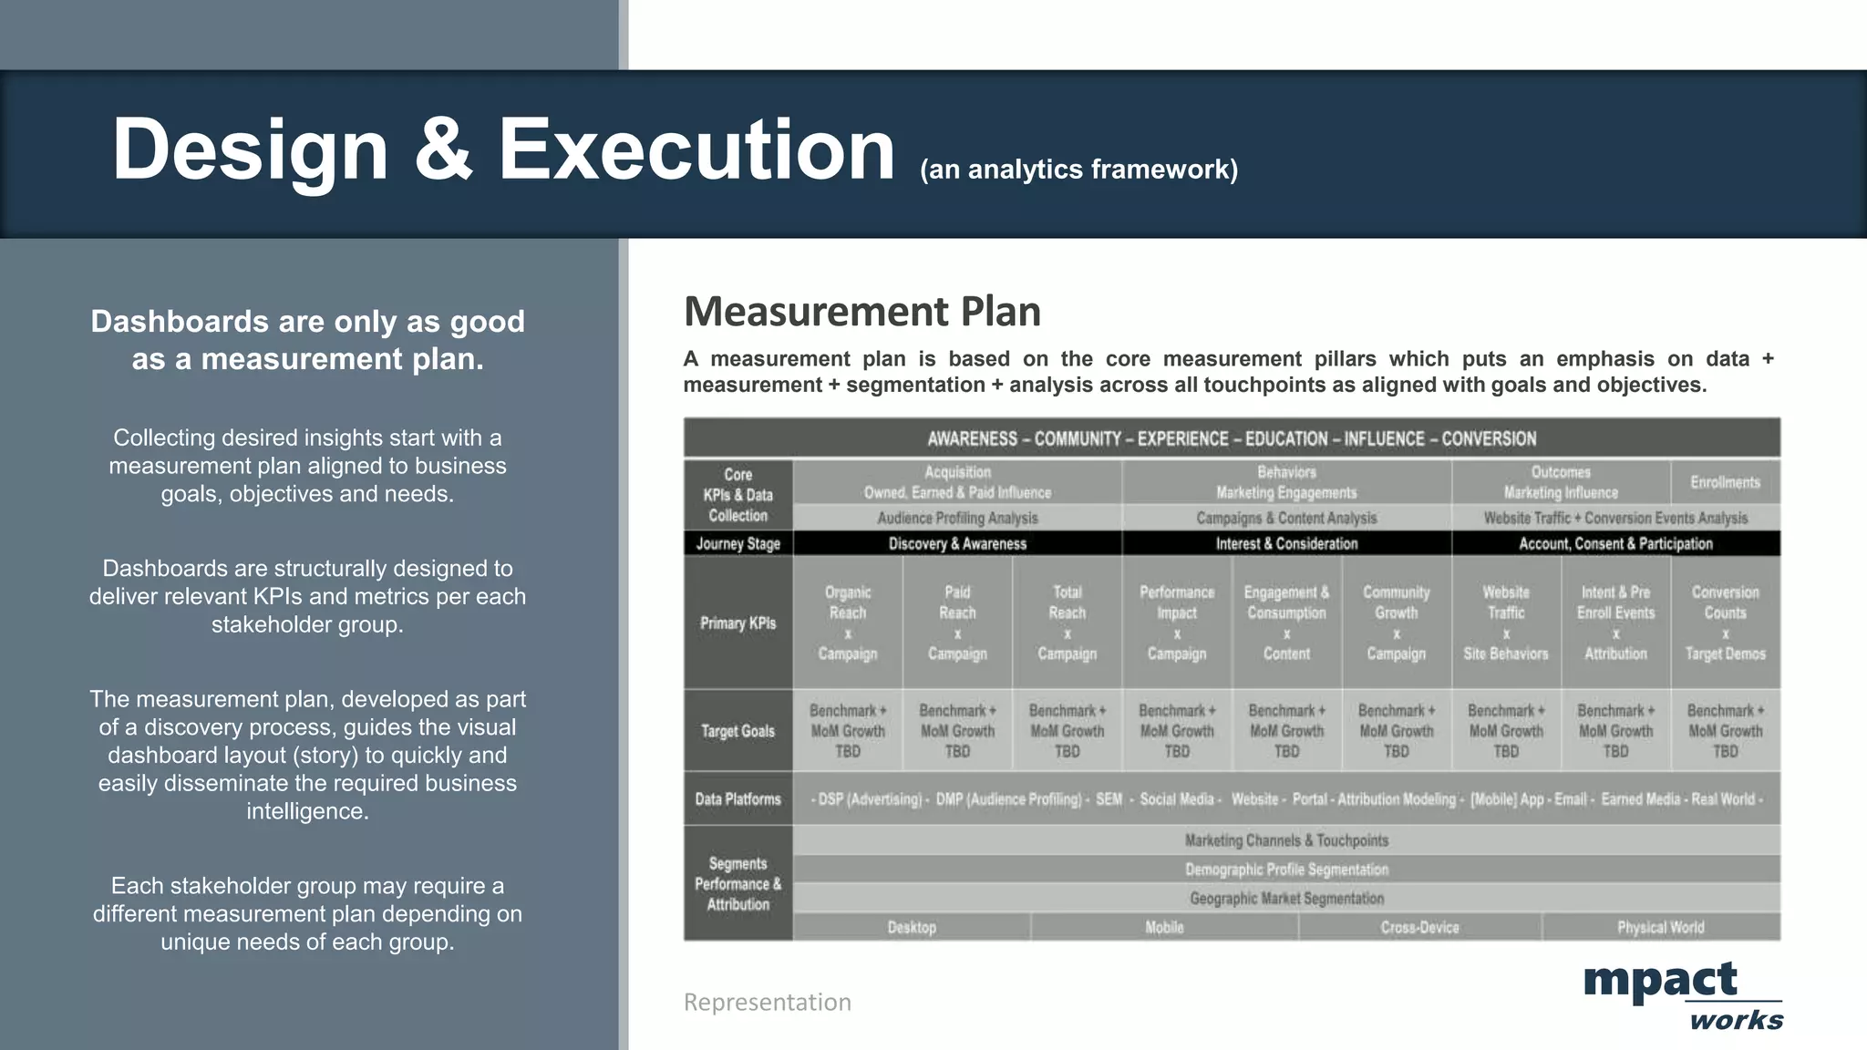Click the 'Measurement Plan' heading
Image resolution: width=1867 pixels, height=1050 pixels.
tap(861, 312)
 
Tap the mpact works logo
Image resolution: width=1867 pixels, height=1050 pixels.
tap(1682, 994)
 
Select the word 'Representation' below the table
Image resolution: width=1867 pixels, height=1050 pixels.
tap(767, 1002)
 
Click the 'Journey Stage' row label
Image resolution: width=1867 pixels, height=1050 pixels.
tap(738, 544)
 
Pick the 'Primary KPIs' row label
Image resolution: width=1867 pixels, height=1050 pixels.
tap(738, 623)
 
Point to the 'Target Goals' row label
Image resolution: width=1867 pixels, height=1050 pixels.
tap(738, 731)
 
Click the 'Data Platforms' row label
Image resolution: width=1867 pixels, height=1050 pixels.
tap(738, 799)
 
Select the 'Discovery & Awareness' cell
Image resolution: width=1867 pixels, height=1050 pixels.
tap(957, 544)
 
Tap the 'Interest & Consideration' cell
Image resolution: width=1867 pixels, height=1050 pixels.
tap(1286, 544)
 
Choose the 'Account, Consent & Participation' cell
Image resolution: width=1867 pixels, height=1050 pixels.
tap(1615, 544)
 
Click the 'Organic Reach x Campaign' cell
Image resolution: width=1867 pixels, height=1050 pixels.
tap(848, 623)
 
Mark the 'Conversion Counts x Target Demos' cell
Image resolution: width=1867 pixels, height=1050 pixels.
tap(1725, 623)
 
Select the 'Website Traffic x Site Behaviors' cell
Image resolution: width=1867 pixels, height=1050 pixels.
tap(1506, 623)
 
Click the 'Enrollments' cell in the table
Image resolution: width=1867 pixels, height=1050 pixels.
tap(1725, 482)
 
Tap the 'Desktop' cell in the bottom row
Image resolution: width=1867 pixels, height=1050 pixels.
tap(912, 928)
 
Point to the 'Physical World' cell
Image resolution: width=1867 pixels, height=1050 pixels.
tap(1660, 928)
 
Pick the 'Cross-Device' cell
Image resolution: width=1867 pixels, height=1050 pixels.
tap(1419, 928)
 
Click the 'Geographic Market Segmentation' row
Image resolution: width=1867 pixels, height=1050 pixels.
tap(1286, 899)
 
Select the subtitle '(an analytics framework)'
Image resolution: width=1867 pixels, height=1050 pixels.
tap(1078, 170)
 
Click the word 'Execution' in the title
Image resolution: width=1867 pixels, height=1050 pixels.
tap(696, 149)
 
